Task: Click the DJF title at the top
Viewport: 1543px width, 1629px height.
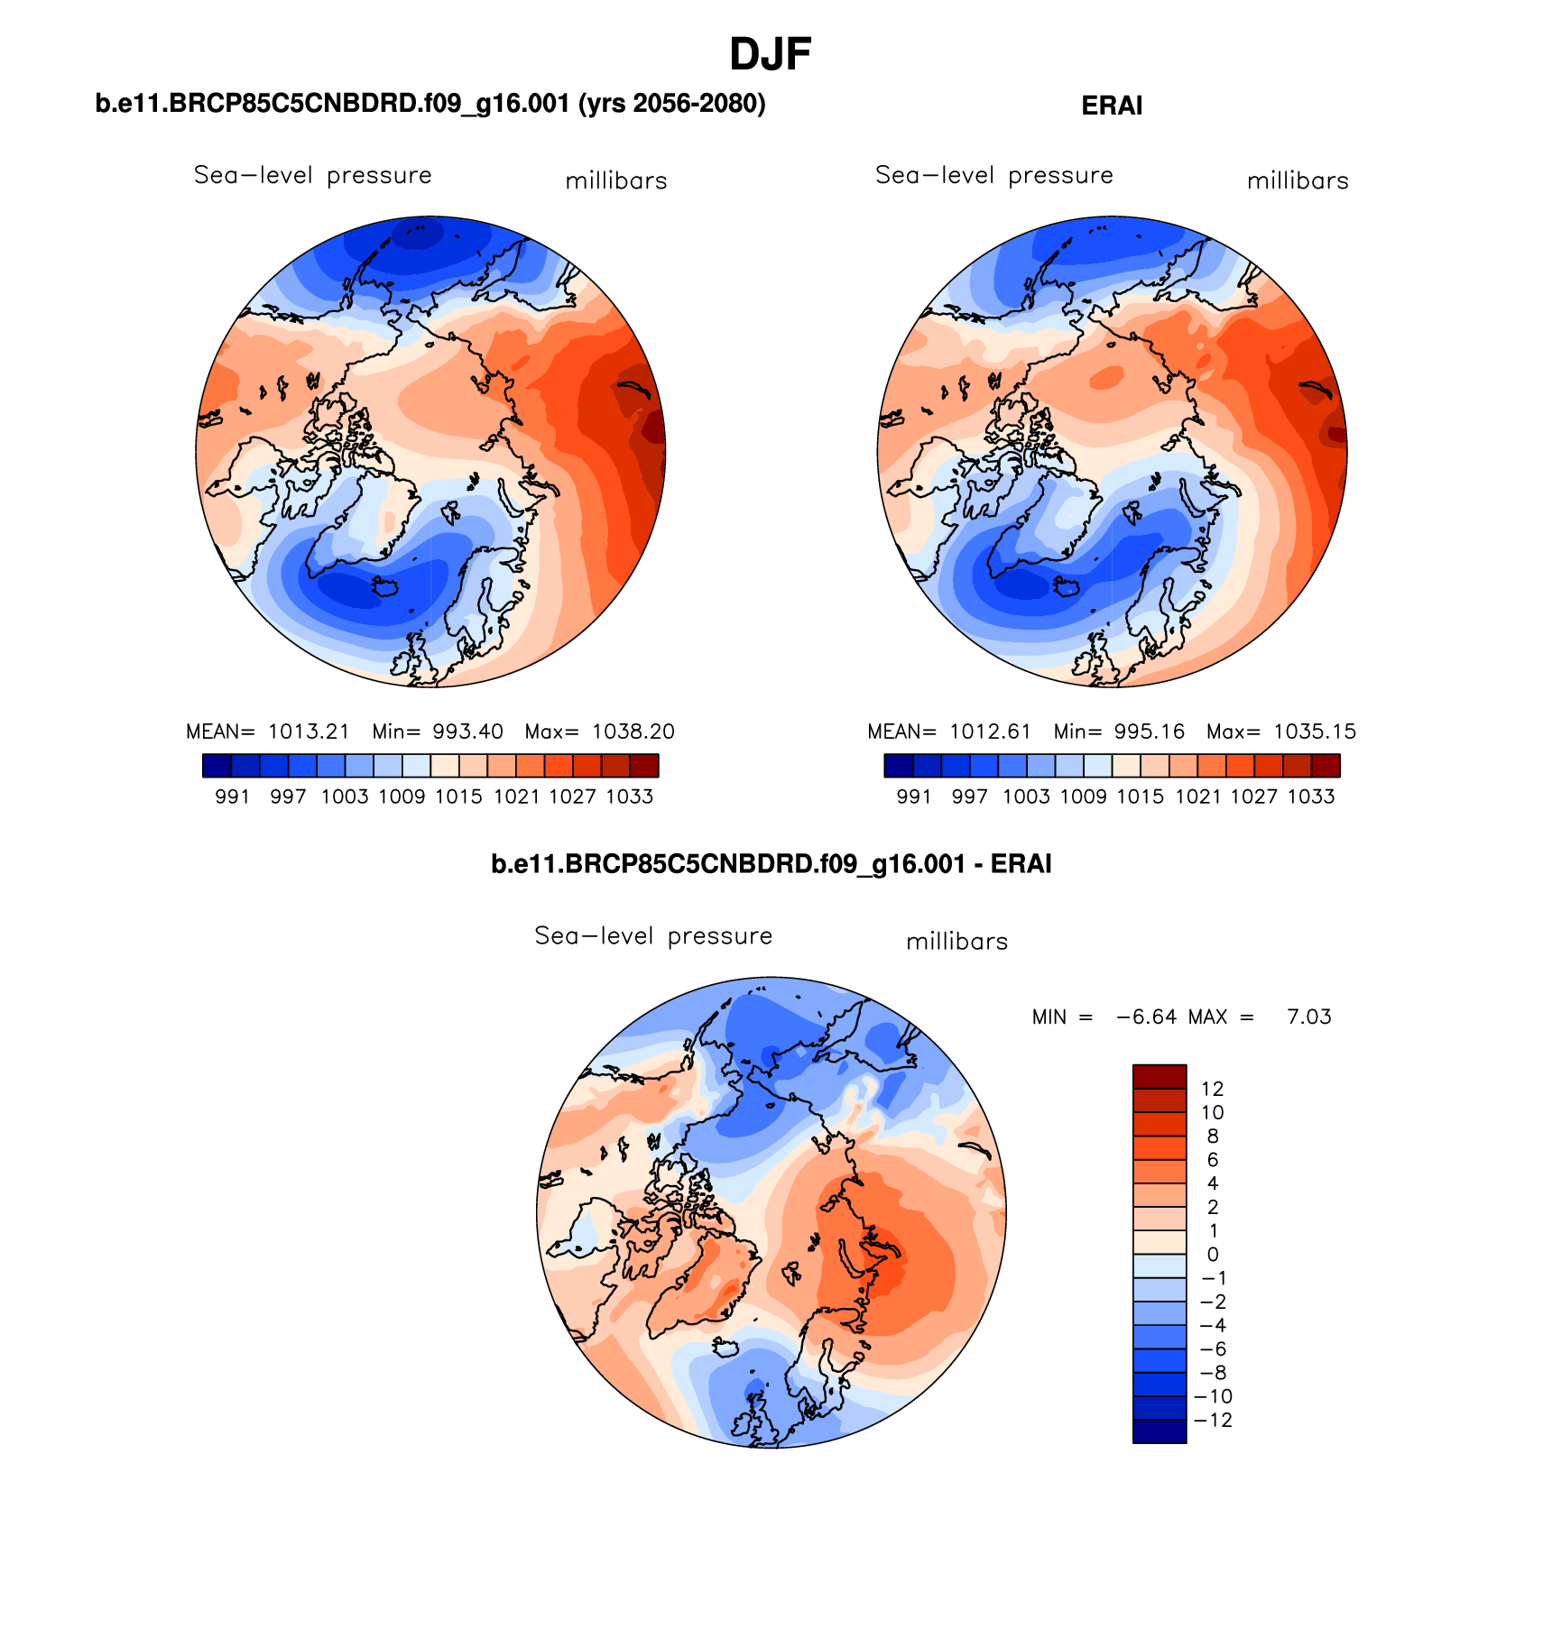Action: tap(770, 55)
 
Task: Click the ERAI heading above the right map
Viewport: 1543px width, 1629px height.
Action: tap(1111, 106)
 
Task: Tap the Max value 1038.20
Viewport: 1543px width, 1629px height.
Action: tap(633, 732)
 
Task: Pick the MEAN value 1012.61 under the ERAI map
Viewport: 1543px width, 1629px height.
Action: tap(990, 732)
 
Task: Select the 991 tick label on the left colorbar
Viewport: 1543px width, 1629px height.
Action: tap(232, 796)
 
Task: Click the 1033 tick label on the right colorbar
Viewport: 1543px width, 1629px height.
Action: tap(1311, 796)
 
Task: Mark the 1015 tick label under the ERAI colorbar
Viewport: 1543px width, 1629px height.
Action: tap(1141, 796)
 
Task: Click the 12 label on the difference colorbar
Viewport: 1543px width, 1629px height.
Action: tap(1212, 1089)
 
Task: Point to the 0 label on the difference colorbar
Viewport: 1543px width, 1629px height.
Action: tap(1212, 1255)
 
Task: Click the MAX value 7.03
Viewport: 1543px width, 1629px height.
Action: tap(1308, 1017)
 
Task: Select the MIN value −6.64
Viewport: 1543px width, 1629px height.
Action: tap(1146, 1017)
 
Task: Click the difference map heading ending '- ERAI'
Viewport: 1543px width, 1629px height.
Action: tap(771, 864)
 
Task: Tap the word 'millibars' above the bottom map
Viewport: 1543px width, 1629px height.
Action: tap(956, 942)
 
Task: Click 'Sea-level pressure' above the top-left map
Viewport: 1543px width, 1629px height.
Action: tap(312, 175)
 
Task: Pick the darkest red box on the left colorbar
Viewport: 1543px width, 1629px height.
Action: tap(644, 766)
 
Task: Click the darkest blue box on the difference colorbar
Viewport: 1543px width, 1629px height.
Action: tap(1160, 1431)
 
